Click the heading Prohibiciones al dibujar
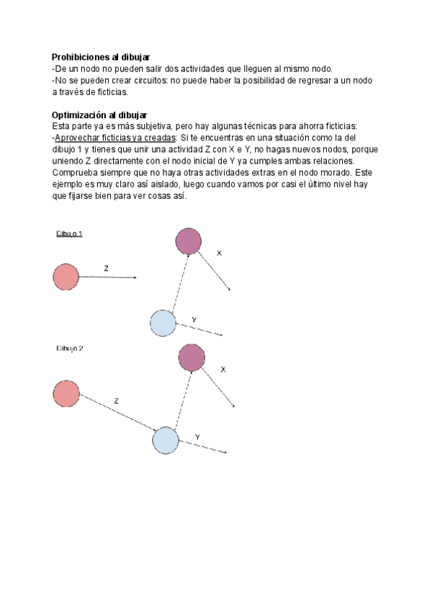pyautogui.click(x=100, y=57)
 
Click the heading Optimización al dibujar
pyautogui.click(x=99, y=115)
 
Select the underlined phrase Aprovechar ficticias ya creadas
pyautogui.click(x=115, y=138)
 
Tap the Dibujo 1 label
pyautogui.click(x=70, y=234)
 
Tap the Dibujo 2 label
pyautogui.click(x=70, y=348)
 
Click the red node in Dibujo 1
pyautogui.click(x=66, y=277)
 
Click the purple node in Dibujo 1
pyautogui.click(x=188, y=241)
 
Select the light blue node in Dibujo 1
pyautogui.click(x=162, y=321)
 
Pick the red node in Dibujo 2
pyautogui.click(x=66, y=393)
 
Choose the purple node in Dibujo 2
pyautogui.click(x=191, y=357)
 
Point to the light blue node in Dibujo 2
pyautogui.click(x=166, y=440)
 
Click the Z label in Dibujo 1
pyautogui.click(x=106, y=268)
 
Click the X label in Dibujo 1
pyautogui.click(x=219, y=254)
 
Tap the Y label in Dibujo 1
pyautogui.click(x=194, y=318)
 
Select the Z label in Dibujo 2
pyautogui.click(x=116, y=401)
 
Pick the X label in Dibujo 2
pyautogui.click(x=223, y=370)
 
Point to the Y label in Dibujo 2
pyautogui.click(x=197, y=437)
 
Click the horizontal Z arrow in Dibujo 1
pyautogui.click(x=108, y=277)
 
